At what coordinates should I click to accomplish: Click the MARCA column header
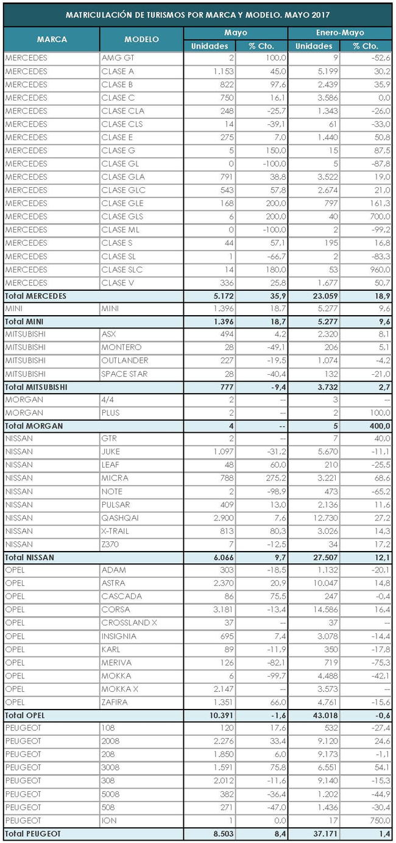coord(52,39)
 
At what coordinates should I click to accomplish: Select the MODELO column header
coord(141,39)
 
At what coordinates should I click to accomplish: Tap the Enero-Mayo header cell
coord(339,33)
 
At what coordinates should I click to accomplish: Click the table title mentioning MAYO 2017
coord(198,13)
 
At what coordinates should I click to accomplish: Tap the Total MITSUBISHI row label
coord(36,386)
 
